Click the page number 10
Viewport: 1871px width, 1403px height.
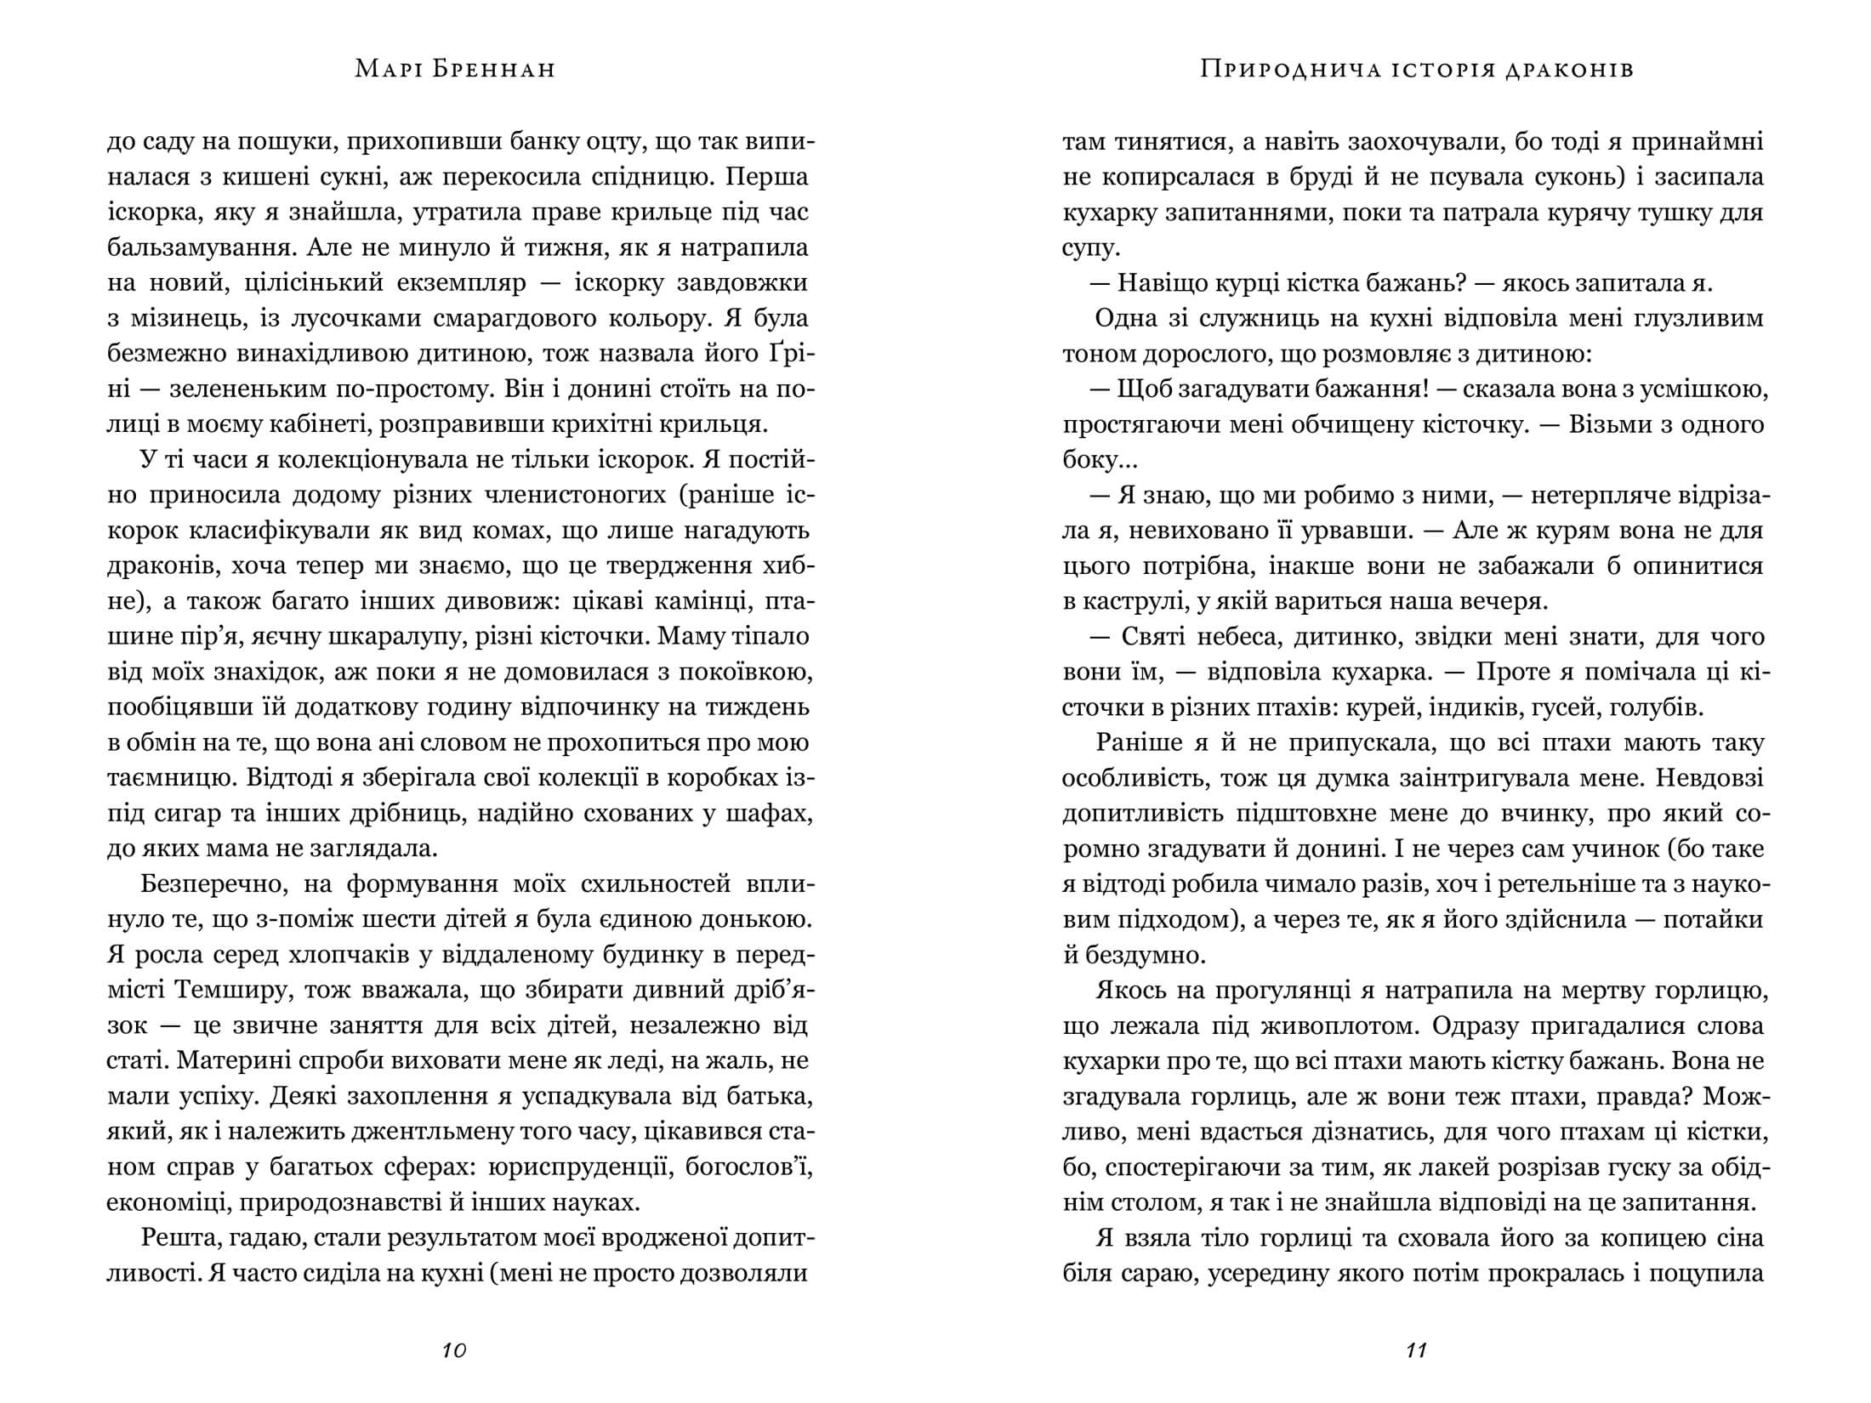click(x=455, y=1350)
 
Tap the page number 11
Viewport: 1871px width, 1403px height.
click(x=1416, y=1350)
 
